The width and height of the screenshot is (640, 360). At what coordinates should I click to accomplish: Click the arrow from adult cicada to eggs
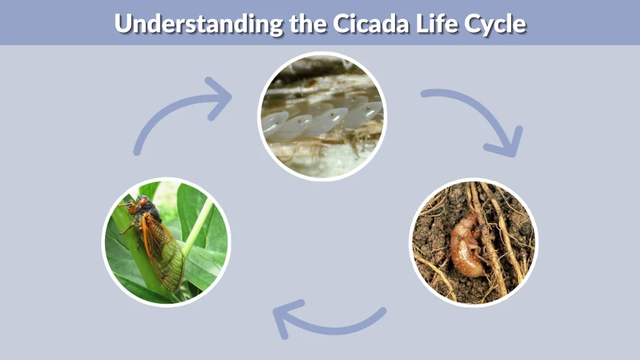point(175,112)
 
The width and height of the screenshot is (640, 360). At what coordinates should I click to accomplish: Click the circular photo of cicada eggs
point(322,116)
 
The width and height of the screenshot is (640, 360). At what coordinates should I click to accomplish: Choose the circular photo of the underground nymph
point(473,242)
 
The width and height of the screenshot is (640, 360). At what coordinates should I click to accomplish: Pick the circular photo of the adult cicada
point(166,241)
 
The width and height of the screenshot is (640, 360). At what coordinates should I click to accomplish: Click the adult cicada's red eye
point(142,202)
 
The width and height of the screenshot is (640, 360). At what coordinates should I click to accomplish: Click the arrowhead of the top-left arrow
point(219,97)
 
